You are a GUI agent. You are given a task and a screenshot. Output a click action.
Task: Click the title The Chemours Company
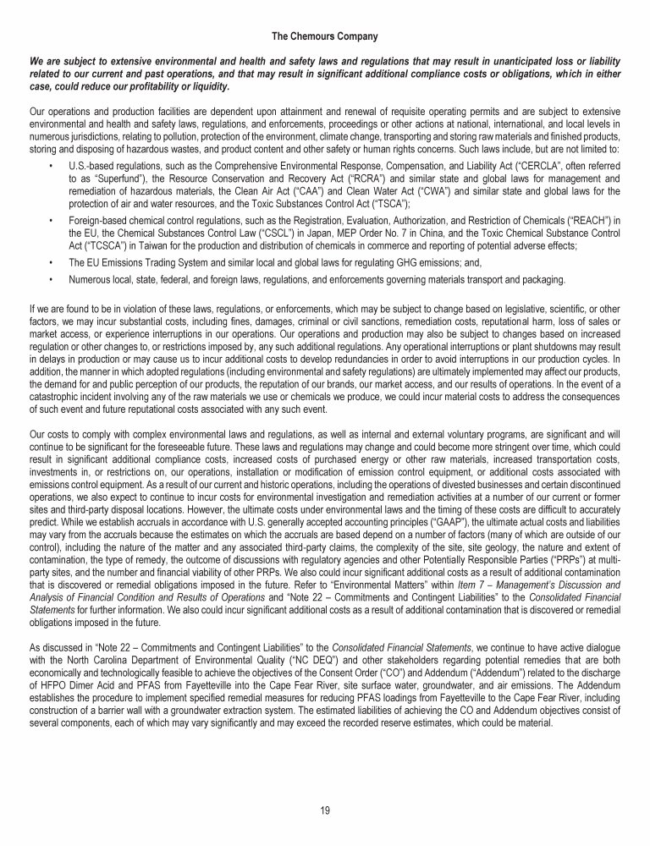tap(324, 36)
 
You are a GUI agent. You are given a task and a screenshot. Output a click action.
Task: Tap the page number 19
tap(325, 810)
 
